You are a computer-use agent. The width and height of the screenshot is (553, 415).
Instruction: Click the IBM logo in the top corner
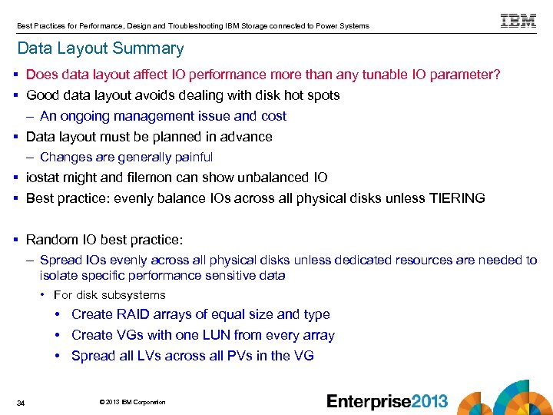coord(518,21)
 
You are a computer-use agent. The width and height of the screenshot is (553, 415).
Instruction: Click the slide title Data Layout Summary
coord(101,48)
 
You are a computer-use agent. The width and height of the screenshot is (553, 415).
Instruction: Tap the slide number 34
coord(21,403)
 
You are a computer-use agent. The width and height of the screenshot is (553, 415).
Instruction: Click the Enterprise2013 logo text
coord(387,401)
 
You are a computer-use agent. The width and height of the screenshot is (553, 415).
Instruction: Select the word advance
coord(246,137)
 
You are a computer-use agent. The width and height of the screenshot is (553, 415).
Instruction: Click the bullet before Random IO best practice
coord(17,240)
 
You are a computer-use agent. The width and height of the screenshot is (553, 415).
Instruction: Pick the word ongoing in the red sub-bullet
coord(84,116)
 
